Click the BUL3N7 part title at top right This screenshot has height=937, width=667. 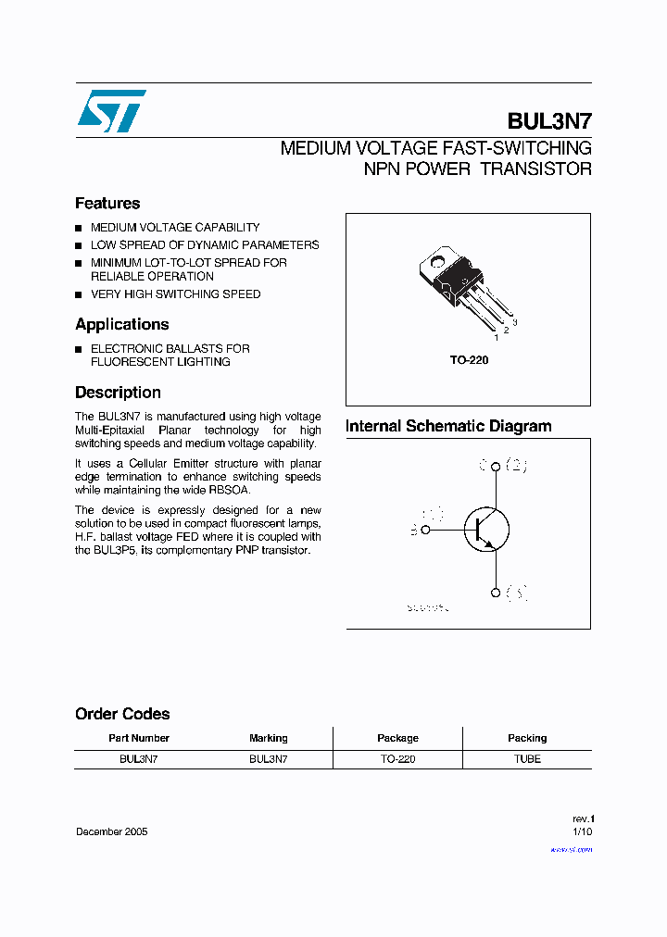(x=549, y=121)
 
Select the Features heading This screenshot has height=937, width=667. (x=107, y=204)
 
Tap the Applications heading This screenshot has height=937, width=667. (x=122, y=325)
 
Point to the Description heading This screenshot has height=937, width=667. (x=118, y=393)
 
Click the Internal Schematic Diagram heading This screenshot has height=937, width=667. (x=448, y=427)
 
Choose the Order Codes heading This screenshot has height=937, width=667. (x=122, y=714)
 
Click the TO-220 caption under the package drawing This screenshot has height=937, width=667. (x=470, y=360)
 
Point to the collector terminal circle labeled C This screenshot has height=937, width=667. (x=496, y=467)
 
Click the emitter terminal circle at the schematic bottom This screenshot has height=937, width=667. (x=496, y=593)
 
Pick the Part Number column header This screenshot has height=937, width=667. (x=139, y=738)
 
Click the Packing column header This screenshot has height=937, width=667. (x=527, y=738)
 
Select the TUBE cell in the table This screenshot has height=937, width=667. (x=527, y=759)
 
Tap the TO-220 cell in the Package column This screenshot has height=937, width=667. (x=397, y=759)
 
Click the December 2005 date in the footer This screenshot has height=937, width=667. (x=111, y=831)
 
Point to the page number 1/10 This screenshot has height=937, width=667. (x=581, y=832)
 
